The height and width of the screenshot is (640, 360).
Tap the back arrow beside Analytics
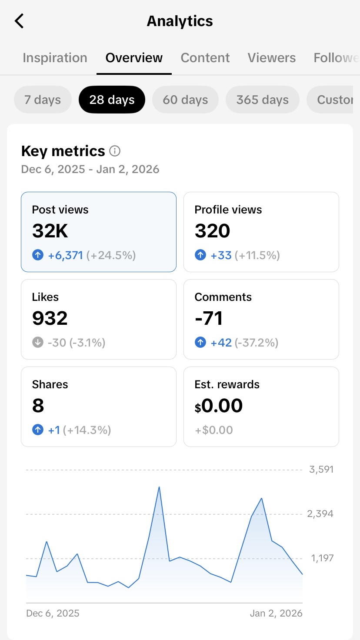[19, 21]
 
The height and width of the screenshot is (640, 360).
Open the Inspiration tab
[55, 58]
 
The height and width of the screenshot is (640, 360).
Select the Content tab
[205, 58]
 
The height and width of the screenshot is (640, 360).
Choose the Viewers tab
[272, 58]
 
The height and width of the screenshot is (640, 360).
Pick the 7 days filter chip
[43, 100]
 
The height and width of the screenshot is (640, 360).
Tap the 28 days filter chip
[112, 100]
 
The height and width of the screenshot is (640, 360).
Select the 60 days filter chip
[185, 100]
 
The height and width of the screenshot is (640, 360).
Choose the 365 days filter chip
[262, 100]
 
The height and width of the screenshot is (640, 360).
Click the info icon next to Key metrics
[115, 151]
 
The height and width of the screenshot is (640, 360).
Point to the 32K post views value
[50, 231]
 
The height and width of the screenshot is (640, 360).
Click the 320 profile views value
[212, 231]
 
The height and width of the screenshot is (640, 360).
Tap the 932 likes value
[50, 319]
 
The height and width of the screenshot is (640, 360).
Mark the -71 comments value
[209, 319]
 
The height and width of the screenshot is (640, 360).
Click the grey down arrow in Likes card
[38, 343]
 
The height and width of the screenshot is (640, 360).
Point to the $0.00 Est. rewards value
[219, 406]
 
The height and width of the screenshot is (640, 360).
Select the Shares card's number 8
[38, 406]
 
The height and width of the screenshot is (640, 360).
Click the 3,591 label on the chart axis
[321, 470]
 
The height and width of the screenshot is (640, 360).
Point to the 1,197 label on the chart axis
[322, 558]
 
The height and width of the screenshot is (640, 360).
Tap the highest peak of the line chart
[159, 487]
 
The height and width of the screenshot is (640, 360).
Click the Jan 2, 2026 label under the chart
[276, 613]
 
